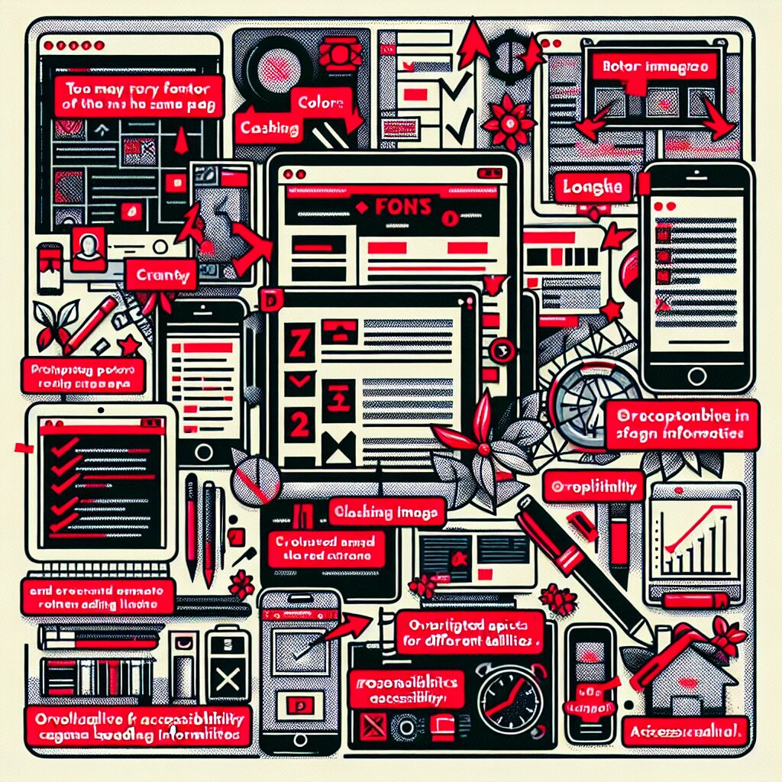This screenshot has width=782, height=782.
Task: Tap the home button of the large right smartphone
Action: pyautogui.click(x=696, y=375)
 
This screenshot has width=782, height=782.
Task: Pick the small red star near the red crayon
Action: pyautogui.click(x=129, y=347)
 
